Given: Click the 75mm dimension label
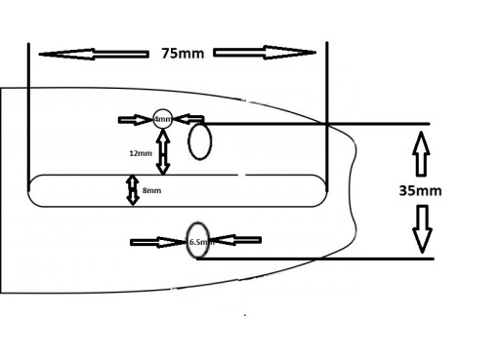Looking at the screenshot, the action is point(183,54).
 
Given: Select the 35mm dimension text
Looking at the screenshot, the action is point(420,190).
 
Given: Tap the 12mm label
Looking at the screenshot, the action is point(141,153).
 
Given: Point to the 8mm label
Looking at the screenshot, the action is point(151,190).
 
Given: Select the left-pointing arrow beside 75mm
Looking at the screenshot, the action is point(94,55).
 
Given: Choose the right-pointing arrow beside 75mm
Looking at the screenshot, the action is point(265,53).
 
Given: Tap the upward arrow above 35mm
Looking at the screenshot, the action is point(421,154).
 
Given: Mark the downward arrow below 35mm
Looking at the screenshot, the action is point(422,229).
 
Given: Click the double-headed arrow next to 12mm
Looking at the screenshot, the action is point(163,152).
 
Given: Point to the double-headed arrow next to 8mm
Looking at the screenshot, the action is point(133,190).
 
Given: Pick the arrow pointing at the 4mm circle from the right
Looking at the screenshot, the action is point(188,119).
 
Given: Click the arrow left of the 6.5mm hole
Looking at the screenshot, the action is point(158,242).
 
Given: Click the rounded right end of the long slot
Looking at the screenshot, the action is point(326,190).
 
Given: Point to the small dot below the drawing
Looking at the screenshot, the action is point(245,315).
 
